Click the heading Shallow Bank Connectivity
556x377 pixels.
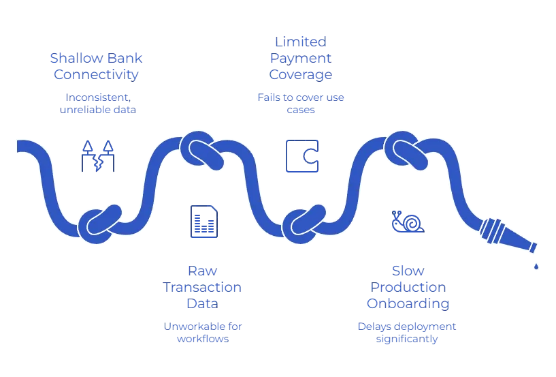click(x=97, y=66)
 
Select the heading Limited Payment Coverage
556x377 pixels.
click(x=301, y=58)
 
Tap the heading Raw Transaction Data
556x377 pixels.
click(x=202, y=288)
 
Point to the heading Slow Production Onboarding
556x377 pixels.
click(x=407, y=287)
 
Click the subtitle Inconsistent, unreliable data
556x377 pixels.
click(x=97, y=104)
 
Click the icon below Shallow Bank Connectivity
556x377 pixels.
click(x=97, y=155)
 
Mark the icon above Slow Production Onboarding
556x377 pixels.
click(x=408, y=222)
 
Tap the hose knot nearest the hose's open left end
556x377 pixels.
click(x=99, y=223)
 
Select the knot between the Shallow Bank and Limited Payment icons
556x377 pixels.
click(x=201, y=147)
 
